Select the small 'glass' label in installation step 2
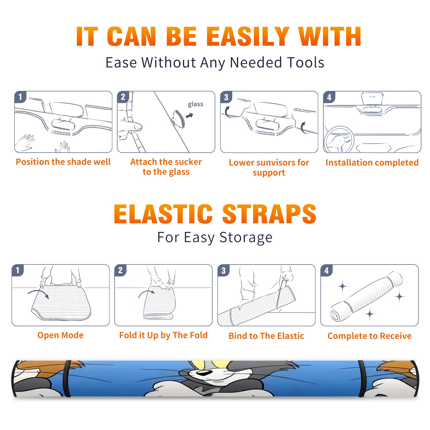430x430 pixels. pyautogui.click(x=195, y=104)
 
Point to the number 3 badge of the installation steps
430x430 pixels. pyautogui.click(x=226, y=97)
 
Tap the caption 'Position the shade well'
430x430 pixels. pyautogui.click(x=63, y=162)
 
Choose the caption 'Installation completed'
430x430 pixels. pyautogui.click(x=372, y=162)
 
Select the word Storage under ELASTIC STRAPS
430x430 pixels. pyautogui.click(x=246, y=238)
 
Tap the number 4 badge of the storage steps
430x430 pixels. pyautogui.click(x=326, y=270)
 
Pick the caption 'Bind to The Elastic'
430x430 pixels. pyautogui.click(x=266, y=336)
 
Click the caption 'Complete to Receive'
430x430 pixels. pyautogui.click(x=369, y=336)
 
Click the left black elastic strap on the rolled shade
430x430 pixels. pyautogui.click(x=67, y=378)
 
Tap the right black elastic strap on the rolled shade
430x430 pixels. pyautogui.click(x=361, y=378)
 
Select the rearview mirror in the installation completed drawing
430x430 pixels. pyautogui.click(x=372, y=99)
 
